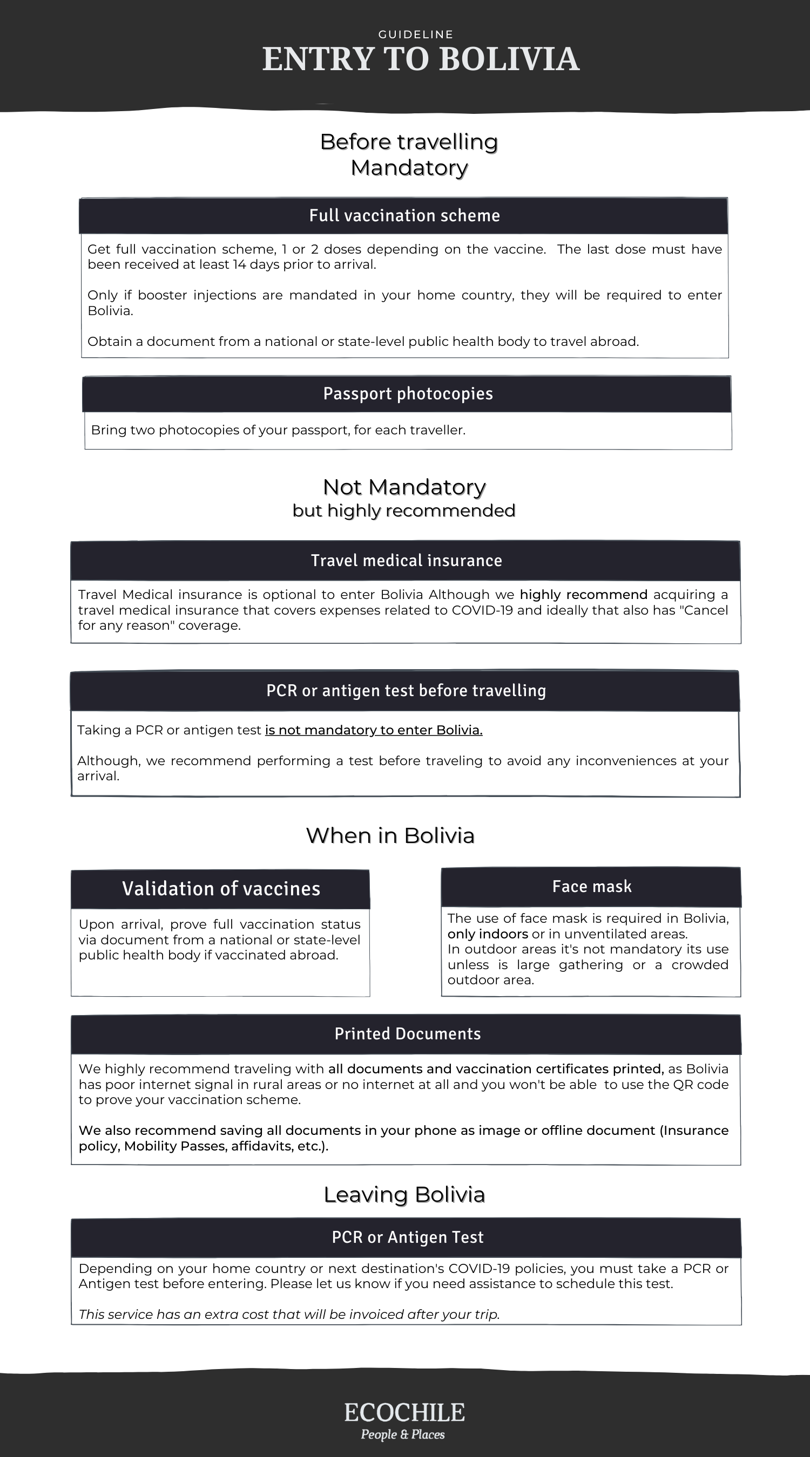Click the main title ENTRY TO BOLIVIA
421,59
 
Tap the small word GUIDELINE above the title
415,35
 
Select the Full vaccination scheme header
404,215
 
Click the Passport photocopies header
408,394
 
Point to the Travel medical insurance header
406,561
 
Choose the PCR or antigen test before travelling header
406,691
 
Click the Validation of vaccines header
221,889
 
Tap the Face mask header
591,886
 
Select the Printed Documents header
407,1033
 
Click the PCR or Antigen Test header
407,1237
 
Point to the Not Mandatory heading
403,487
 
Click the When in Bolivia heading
390,835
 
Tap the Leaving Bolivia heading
403,1194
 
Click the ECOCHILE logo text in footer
404,1412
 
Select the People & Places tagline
402,1434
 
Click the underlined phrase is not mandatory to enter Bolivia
374,730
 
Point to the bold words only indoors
488,934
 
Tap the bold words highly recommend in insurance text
583,595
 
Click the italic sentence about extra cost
289,1314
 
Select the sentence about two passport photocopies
278,430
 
